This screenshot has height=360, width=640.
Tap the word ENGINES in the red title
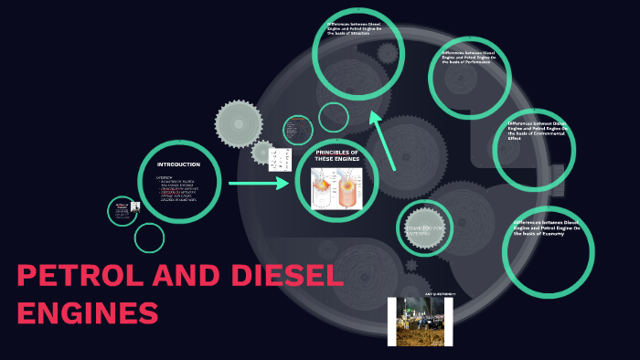click(x=88, y=313)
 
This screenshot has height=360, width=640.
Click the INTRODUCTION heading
click(x=178, y=164)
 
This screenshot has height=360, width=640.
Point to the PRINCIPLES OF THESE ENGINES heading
click(x=337, y=155)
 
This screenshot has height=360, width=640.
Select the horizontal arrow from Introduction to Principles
click(x=258, y=184)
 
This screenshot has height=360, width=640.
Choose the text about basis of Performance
click(x=469, y=58)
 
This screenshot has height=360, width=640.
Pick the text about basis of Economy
click(x=545, y=228)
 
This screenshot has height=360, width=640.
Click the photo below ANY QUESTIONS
click(x=420, y=322)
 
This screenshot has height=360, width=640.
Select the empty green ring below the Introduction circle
click(x=149, y=238)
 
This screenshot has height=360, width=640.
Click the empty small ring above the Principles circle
click(x=334, y=117)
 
